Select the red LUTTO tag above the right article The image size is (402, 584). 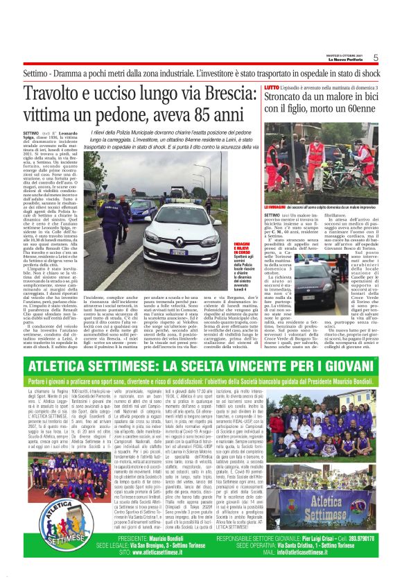coord(272,88)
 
